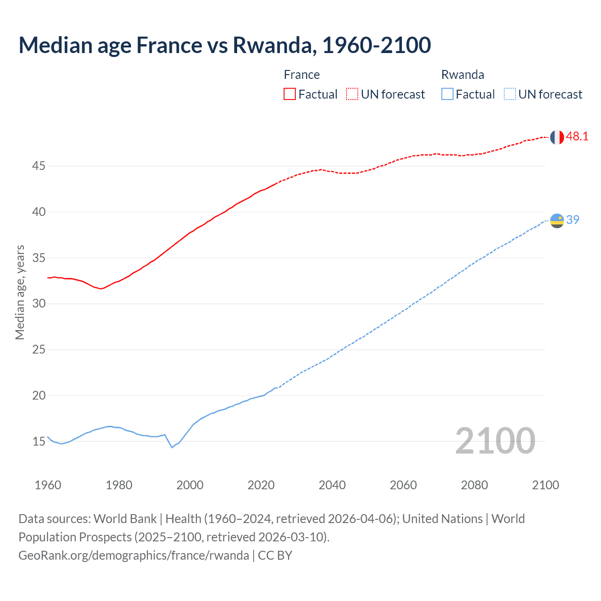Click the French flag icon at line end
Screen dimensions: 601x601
557,137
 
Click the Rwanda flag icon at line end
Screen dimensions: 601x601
557,221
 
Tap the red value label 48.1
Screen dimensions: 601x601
577,137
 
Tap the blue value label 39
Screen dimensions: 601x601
573,220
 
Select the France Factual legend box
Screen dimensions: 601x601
290,94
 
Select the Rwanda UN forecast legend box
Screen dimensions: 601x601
510,94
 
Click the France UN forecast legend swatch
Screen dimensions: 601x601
352,94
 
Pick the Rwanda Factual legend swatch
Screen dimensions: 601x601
447,94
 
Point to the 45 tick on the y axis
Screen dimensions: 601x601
39,166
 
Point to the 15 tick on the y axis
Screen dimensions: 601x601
39,441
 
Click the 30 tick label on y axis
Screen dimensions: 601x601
39,304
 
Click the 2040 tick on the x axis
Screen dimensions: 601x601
332,485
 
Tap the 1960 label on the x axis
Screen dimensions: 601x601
48,485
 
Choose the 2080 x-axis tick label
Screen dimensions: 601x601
474,485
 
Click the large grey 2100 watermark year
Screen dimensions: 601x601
495,440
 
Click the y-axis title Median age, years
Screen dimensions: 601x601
20,292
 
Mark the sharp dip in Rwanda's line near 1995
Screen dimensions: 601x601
172,447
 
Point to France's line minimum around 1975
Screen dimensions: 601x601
100,288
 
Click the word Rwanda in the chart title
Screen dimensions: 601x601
272,45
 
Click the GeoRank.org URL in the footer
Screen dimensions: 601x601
134,555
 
